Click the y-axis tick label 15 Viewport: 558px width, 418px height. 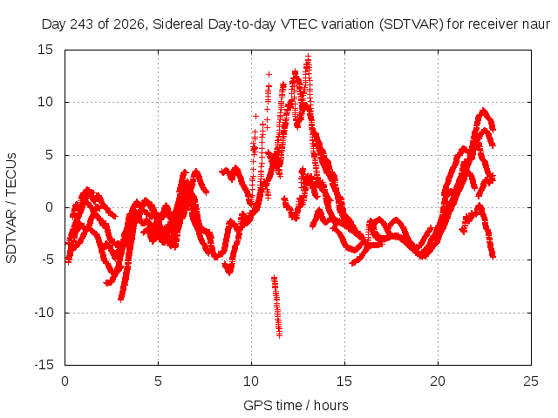[x=45, y=50]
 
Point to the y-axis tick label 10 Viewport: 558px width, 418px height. [x=45, y=102]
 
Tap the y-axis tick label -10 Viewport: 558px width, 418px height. [x=44, y=313]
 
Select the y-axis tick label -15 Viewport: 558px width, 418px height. [x=44, y=365]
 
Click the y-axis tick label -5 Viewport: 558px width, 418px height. [x=47, y=260]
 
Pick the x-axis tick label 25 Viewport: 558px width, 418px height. [x=531, y=381]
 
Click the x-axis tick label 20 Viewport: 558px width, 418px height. [x=438, y=381]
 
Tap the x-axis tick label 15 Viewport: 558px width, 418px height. [x=344, y=381]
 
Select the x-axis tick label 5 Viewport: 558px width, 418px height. [x=158, y=381]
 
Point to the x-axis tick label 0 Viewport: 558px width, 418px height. [x=65, y=381]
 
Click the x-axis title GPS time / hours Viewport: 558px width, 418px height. [x=296, y=406]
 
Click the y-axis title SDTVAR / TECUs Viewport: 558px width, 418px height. [x=11, y=208]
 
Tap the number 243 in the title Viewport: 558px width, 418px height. [x=83, y=24]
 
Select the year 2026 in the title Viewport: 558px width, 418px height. [x=128, y=24]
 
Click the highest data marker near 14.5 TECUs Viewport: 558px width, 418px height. [x=308, y=56]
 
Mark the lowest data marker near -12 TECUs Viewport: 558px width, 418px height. [x=280, y=334]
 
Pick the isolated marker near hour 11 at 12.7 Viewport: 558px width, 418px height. [x=269, y=74]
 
